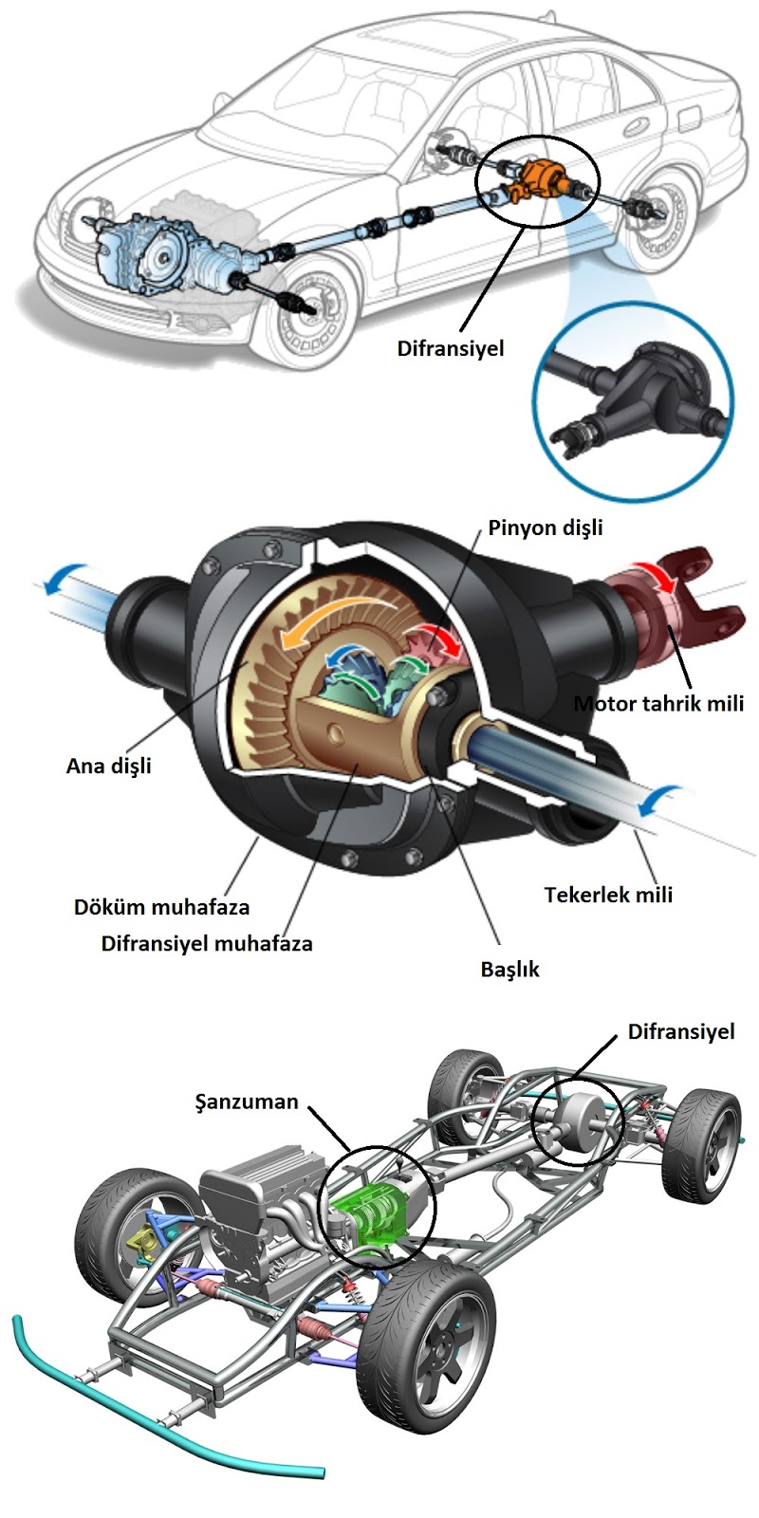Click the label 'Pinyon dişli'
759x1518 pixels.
(x=545, y=528)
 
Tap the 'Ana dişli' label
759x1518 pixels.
(x=108, y=766)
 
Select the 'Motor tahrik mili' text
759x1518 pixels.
(x=658, y=703)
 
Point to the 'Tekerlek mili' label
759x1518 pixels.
(x=608, y=894)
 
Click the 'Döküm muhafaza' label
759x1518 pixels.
(x=161, y=906)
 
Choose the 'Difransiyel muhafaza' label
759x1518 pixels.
(x=207, y=943)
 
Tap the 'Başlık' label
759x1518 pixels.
(x=509, y=970)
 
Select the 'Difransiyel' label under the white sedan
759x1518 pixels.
(x=450, y=347)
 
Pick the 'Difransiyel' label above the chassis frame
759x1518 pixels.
(x=681, y=1031)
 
